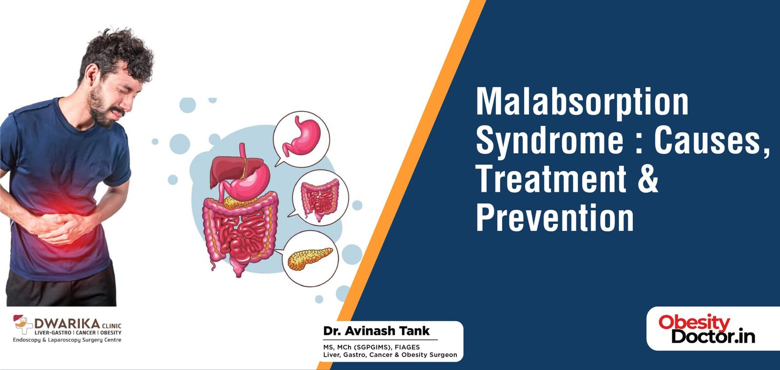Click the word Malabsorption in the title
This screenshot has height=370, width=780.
point(582,102)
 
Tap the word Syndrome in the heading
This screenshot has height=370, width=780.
point(549,141)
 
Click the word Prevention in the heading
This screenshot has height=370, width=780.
point(555,218)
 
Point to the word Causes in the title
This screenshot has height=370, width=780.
point(707,140)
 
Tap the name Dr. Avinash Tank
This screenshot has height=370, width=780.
point(376,331)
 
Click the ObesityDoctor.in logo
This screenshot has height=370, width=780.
point(707,329)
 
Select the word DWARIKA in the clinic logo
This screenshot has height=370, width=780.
point(67,323)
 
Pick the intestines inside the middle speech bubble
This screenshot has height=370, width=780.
point(319,198)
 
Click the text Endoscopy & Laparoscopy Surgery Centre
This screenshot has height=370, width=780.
point(67,340)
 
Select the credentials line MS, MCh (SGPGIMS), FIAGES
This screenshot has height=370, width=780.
point(371,347)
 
